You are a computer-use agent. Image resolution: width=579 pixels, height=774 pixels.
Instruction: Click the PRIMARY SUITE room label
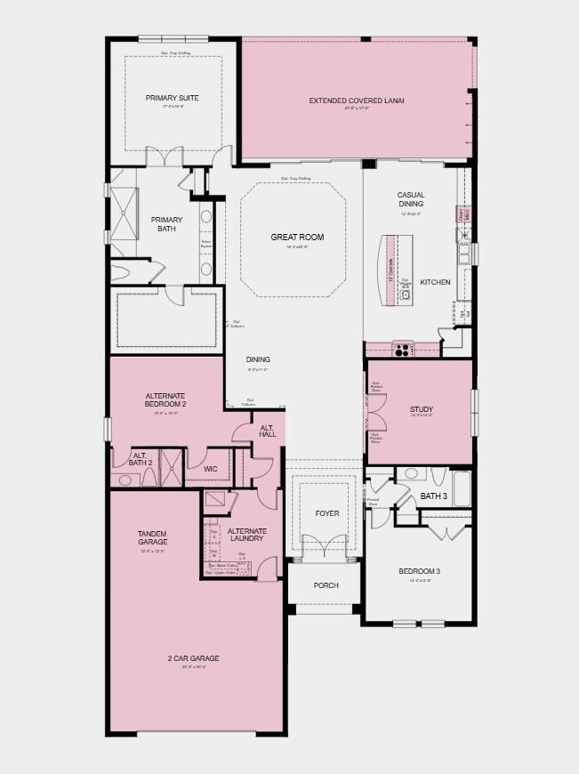(172, 98)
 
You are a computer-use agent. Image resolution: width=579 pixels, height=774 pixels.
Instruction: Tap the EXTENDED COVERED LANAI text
(357, 101)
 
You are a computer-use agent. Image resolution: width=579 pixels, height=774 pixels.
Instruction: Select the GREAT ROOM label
(297, 238)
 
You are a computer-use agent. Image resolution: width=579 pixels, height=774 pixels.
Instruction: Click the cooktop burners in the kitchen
(402, 350)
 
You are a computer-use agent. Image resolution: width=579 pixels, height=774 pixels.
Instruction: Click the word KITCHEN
(435, 282)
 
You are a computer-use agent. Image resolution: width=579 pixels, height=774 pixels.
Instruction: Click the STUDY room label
(421, 409)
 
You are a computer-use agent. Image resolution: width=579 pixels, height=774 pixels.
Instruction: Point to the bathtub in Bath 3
(461, 488)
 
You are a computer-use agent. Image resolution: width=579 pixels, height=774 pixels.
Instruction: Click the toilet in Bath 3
(410, 475)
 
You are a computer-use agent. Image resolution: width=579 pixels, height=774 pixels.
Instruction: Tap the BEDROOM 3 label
(419, 570)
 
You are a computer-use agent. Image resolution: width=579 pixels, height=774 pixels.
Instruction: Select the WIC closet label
(210, 468)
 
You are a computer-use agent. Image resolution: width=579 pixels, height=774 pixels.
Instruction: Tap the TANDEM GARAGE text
(152, 537)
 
